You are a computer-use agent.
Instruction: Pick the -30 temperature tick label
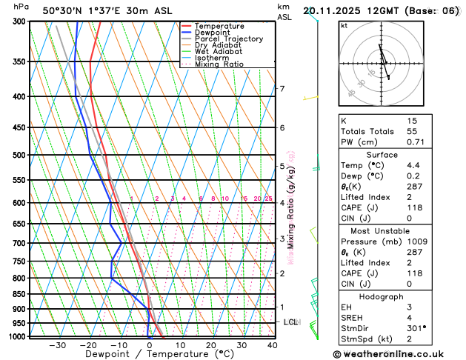[58, 345]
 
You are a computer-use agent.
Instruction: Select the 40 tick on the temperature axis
[273, 345]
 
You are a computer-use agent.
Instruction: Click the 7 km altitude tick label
[282, 90]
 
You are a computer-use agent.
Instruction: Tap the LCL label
[290, 322]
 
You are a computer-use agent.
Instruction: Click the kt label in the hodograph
[344, 26]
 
